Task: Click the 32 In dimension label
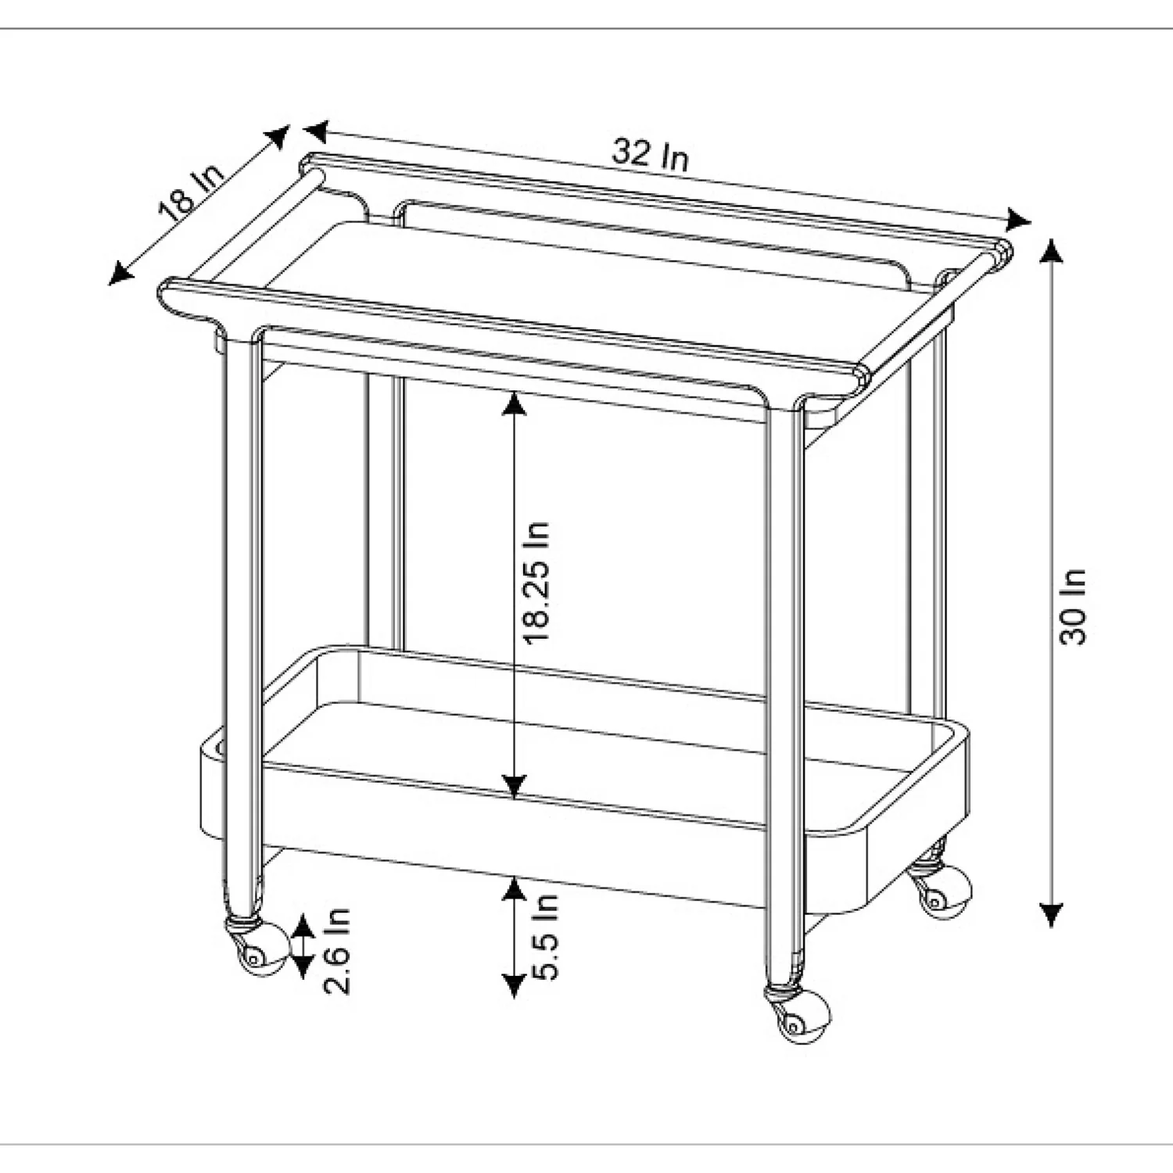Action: [651, 154]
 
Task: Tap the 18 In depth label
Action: [191, 190]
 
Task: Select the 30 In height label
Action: [1073, 606]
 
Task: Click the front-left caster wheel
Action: [257, 948]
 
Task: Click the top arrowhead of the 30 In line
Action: [1052, 250]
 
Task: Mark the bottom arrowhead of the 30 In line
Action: [1052, 914]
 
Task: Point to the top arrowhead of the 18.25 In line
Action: [513, 404]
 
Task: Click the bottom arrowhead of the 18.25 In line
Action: [513, 786]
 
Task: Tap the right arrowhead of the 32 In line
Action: [1018, 221]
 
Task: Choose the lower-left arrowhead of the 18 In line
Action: [119, 273]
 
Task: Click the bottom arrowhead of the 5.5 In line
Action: [513, 985]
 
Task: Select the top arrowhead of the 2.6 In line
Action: [303, 928]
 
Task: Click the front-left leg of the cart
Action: [243, 626]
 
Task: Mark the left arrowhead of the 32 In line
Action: [317, 130]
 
